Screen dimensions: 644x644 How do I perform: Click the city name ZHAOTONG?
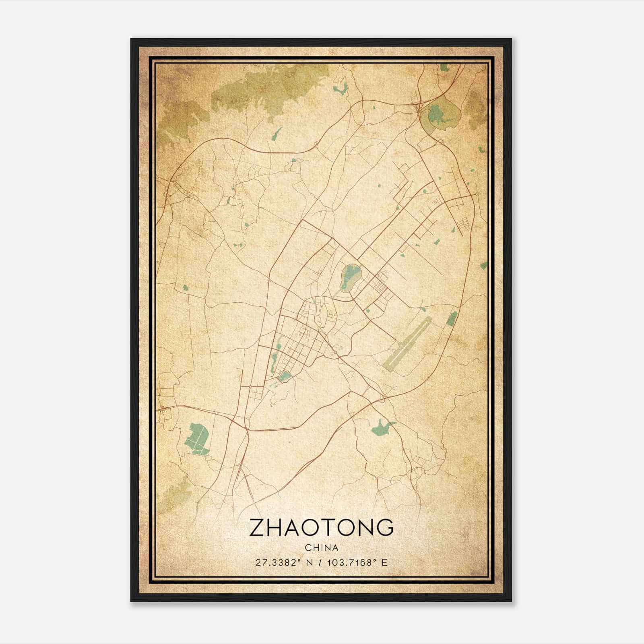click(x=321, y=528)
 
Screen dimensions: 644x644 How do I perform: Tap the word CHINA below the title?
click(x=321, y=548)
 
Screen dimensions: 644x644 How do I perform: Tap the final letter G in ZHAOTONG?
click(x=384, y=528)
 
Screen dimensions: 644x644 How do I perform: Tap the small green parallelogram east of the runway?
click(x=452, y=318)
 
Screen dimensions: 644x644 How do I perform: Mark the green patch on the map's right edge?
click(x=483, y=265)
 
